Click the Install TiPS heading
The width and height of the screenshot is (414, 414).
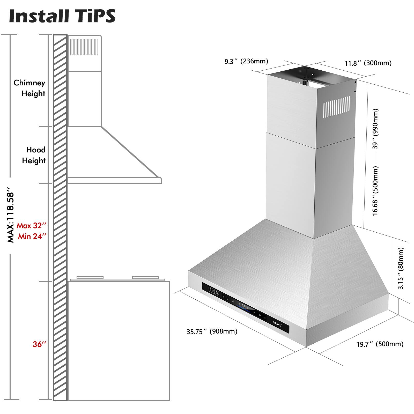tap(62, 16)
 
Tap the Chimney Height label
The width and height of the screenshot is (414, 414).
tap(29, 88)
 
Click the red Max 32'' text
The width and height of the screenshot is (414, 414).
tap(31, 226)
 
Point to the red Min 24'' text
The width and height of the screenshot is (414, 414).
tap(32, 236)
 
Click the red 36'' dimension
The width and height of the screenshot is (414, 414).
tap(39, 344)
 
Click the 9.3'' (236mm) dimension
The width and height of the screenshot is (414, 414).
tap(246, 61)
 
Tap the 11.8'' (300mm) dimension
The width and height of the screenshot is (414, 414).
tap(368, 63)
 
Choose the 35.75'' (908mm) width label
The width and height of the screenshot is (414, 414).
tap(212, 331)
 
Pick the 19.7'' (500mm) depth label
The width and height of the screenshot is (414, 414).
tap(380, 344)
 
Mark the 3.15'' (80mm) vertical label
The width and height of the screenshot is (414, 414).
tap(400, 268)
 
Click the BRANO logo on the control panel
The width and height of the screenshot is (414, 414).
tap(277, 324)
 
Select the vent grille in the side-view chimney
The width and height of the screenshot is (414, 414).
tap(84, 47)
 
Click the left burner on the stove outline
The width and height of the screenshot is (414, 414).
tap(90, 278)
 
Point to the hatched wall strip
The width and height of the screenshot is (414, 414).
tap(60, 217)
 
